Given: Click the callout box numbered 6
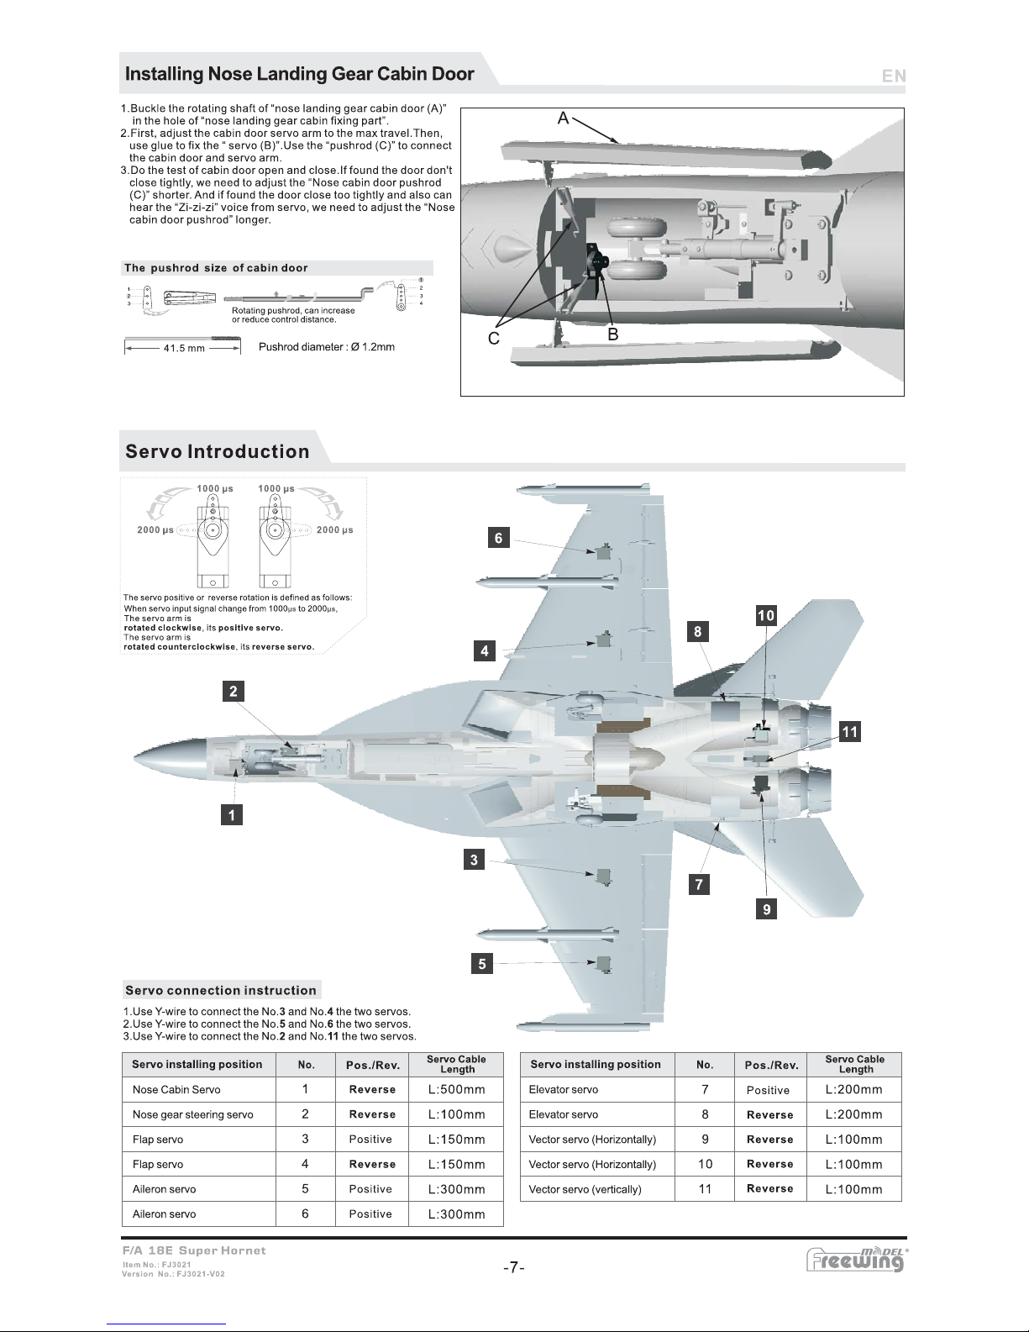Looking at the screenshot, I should (x=499, y=538).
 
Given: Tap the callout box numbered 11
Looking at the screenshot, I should (x=850, y=732).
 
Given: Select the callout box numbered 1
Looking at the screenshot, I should (x=232, y=814).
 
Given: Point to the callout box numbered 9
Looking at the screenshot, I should (x=766, y=908).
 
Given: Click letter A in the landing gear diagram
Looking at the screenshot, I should (x=564, y=119).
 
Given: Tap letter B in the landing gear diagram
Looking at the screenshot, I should (x=613, y=334).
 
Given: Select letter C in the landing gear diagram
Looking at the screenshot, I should (x=494, y=338).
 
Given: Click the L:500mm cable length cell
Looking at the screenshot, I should (x=456, y=1090).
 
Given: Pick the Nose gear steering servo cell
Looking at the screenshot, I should (x=192, y=1114).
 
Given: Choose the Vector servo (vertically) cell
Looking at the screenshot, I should (x=585, y=1189).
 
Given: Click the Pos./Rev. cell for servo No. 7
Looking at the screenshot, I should (x=768, y=1090).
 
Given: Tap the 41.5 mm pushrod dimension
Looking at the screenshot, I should (x=184, y=348).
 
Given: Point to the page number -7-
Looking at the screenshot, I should (x=514, y=1267).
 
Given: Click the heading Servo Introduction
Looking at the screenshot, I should (x=218, y=451).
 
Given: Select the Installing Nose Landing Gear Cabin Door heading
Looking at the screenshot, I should (x=300, y=74).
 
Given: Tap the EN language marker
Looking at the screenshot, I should (x=893, y=76).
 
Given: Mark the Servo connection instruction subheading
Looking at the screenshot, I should (x=221, y=990).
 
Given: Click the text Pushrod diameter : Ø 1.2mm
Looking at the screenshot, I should (x=327, y=347).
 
